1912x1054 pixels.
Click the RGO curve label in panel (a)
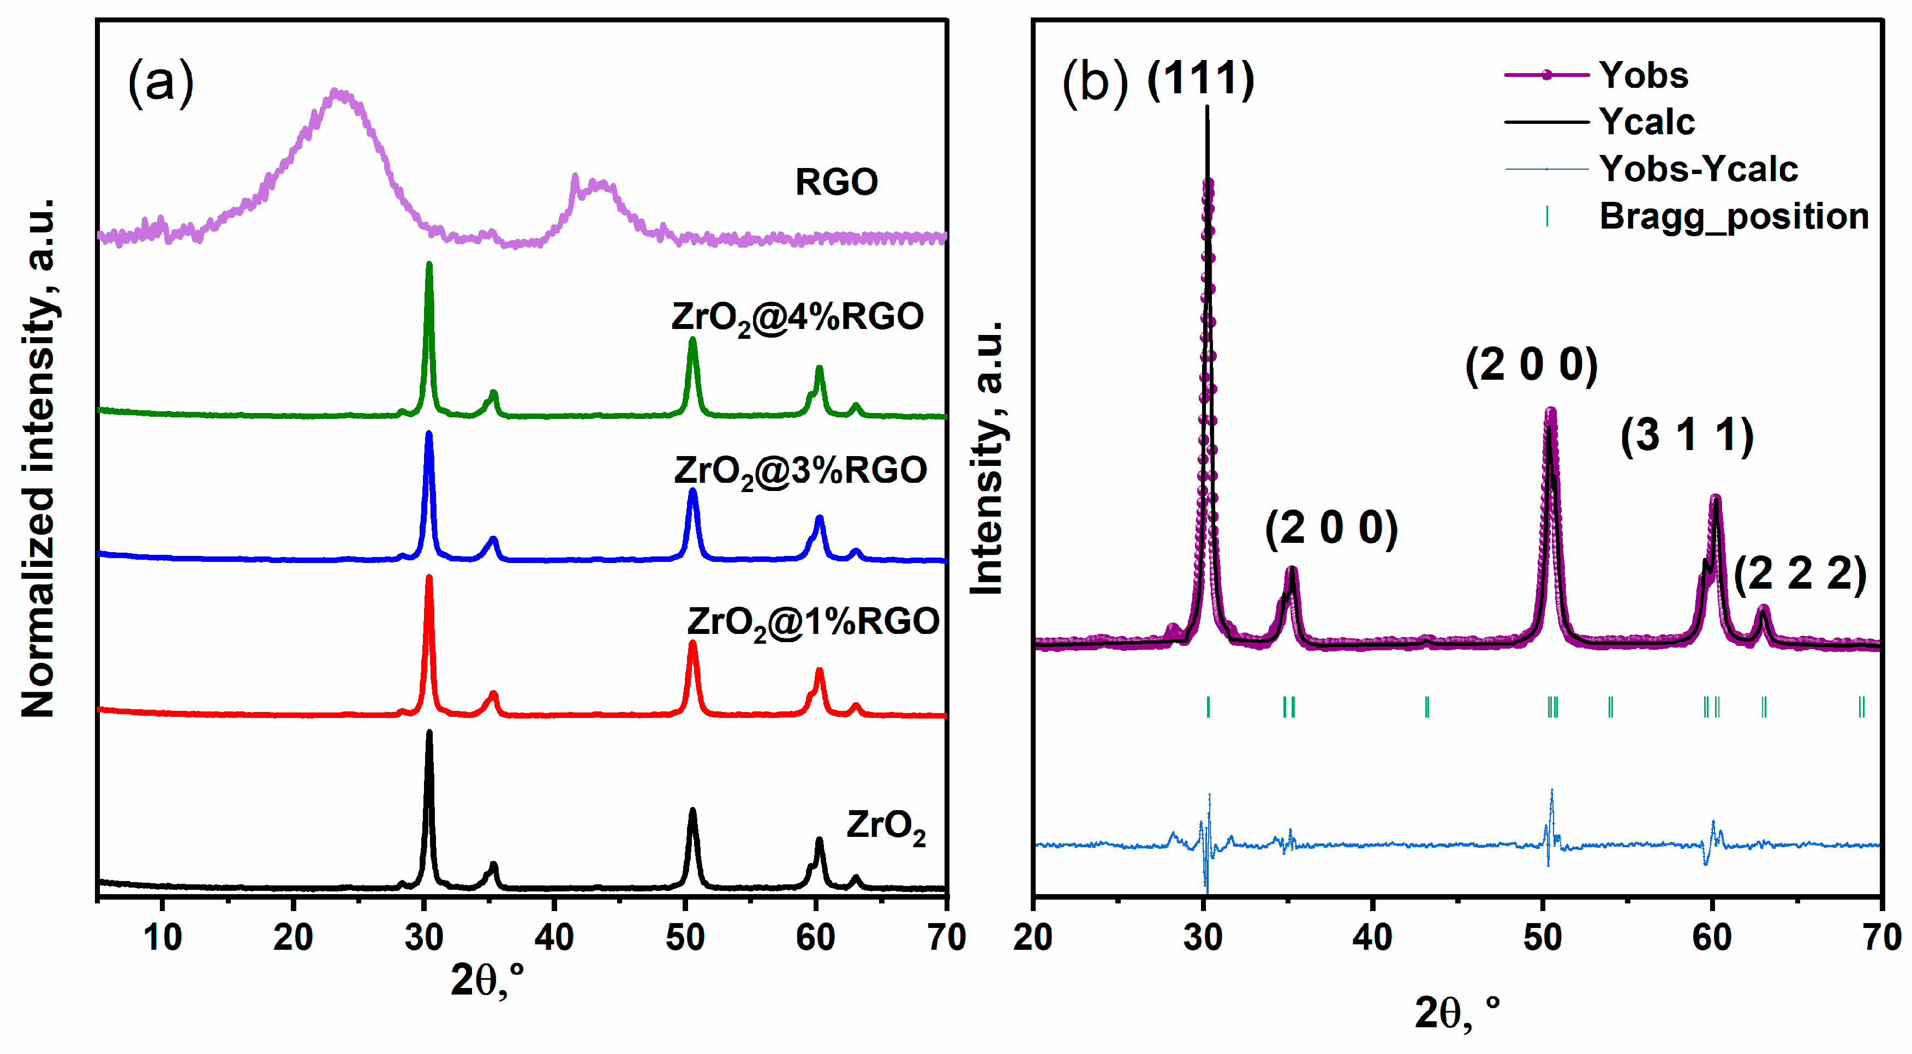(836, 182)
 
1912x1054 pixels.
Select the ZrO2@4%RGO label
(797, 318)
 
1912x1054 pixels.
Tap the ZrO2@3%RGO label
(800, 471)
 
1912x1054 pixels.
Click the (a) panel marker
(160, 82)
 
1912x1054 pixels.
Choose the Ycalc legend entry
(1646, 122)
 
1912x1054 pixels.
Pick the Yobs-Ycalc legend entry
(1698, 169)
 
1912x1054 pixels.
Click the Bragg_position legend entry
(1733, 217)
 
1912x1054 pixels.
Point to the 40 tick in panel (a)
(554, 937)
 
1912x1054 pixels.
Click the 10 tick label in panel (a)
(163, 937)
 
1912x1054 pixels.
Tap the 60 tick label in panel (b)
(1712, 937)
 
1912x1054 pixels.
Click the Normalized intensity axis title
(39, 457)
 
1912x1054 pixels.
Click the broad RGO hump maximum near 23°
(338, 92)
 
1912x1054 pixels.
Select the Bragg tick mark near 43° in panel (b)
(1426, 706)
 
